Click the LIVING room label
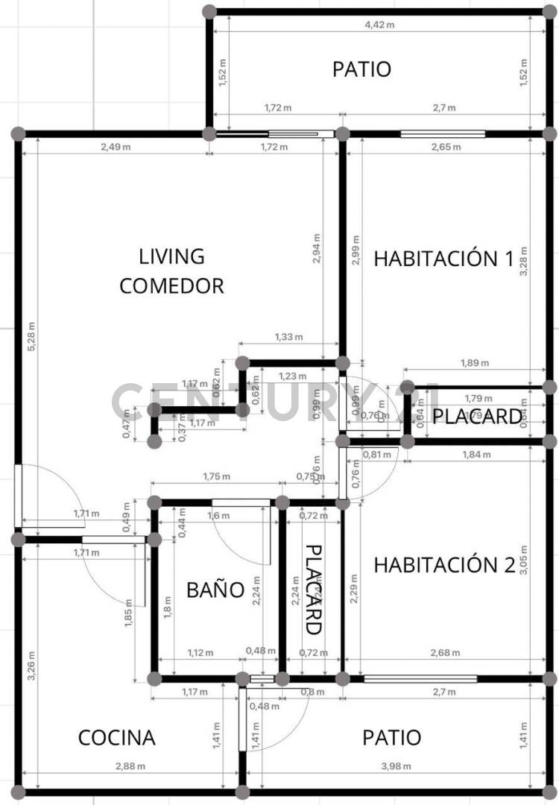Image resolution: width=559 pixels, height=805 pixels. [x=171, y=256]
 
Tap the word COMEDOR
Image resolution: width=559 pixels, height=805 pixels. [x=171, y=285]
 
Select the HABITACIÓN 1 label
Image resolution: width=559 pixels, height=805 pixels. [x=443, y=259]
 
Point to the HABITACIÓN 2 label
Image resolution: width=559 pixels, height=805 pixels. [x=443, y=565]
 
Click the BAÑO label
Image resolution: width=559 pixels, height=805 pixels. [x=215, y=590]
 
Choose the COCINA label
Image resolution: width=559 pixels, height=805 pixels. [x=117, y=738]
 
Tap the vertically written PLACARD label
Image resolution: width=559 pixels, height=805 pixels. [x=314, y=589]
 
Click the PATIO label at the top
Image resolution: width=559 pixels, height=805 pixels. [x=361, y=69]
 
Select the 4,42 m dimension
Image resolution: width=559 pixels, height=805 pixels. [x=379, y=25]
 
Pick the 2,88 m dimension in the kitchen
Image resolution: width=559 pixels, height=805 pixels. [x=130, y=766]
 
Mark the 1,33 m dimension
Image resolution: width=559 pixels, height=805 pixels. [x=288, y=337]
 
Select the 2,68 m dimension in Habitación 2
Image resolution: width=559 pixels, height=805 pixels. [x=446, y=653]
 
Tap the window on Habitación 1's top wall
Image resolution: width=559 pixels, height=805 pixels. [x=443, y=134]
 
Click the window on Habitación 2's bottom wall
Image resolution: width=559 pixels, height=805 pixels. [x=420, y=679]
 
